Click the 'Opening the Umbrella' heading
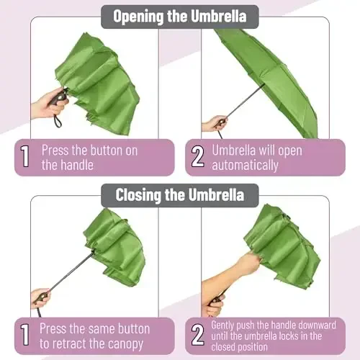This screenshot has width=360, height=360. (180, 16)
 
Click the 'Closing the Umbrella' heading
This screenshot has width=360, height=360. (180, 194)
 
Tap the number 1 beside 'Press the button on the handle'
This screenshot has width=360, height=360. (24, 158)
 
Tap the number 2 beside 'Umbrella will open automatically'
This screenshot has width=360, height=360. (197, 158)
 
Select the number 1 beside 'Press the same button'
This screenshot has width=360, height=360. (24, 336)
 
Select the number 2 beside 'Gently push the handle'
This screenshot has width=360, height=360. (197, 336)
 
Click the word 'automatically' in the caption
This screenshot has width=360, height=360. (245, 165)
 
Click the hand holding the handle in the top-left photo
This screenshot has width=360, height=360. (45, 104)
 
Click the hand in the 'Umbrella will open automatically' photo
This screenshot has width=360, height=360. (214, 123)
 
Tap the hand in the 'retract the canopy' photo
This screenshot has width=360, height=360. (41, 297)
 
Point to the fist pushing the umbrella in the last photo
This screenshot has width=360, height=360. (249, 264)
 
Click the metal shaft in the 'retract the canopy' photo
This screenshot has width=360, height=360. (72, 270)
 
